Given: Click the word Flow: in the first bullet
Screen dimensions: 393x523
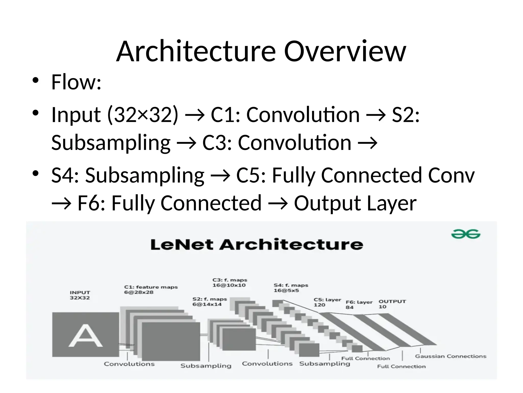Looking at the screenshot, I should pyautogui.click(x=76, y=82).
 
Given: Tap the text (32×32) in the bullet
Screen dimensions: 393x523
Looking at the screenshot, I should pyautogui.click(x=142, y=115).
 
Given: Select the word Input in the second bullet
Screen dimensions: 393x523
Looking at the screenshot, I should pyautogui.click(x=76, y=115).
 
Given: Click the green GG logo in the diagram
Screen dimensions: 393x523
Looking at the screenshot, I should pyautogui.click(x=466, y=234).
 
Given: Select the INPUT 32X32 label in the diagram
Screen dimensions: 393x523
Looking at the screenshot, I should pyautogui.click(x=80, y=295).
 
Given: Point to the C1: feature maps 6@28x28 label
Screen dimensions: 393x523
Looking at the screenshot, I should pyautogui.click(x=151, y=289).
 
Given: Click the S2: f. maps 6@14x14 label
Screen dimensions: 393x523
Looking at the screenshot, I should pyautogui.click(x=209, y=302).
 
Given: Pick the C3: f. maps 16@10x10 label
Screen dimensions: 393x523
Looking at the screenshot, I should pyautogui.click(x=230, y=282).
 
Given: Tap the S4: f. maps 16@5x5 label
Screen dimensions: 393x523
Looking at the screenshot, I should pyautogui.click(x=291, y=288).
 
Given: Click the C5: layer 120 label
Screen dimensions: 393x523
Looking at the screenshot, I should pyautogui.click(x=327, y=302).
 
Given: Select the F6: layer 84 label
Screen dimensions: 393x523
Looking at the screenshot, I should pyautogui.click(x=359, y=304).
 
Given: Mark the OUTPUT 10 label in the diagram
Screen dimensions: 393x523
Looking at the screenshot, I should pyautogui.click(x=392, y=304).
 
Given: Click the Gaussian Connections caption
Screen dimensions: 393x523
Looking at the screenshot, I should pyautogui.click(x=450, y=356).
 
